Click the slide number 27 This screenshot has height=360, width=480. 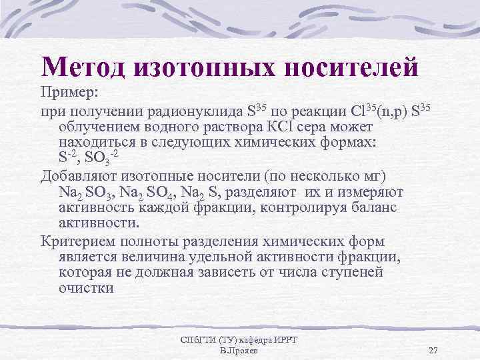click(x=433, y=351)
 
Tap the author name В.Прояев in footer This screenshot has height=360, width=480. click(x=239, y=351)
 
